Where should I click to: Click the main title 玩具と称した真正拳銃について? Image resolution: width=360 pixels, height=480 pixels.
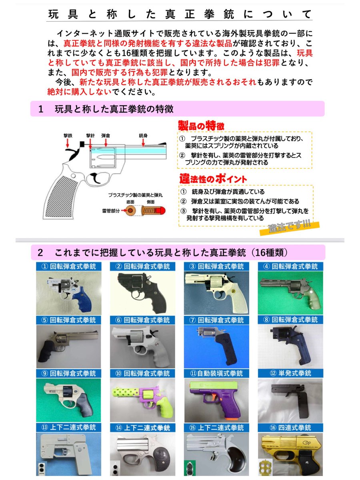[180, 14]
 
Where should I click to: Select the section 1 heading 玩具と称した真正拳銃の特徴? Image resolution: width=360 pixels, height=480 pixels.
[114, 109]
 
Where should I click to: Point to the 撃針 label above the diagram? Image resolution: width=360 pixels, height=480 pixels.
[90, 136]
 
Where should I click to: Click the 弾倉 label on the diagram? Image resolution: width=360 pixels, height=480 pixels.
[106, 136]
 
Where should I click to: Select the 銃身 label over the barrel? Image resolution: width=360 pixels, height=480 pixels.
[143, 136]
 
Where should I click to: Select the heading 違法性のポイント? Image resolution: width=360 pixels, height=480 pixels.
[212, 179]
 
